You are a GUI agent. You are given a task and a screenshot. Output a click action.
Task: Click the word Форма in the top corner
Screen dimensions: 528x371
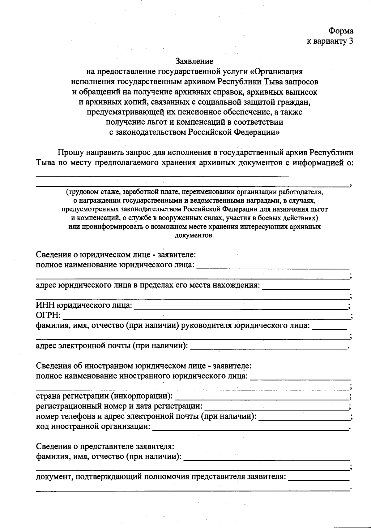coord(341,31)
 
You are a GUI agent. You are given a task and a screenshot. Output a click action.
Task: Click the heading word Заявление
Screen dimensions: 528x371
coord(194,61)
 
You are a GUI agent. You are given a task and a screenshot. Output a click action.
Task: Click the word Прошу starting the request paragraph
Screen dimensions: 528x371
coord(70,153)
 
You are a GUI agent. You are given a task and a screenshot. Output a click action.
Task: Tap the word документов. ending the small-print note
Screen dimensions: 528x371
coord(194,235)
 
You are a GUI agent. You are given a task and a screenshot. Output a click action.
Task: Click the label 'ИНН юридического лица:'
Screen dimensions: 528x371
coord(84,306)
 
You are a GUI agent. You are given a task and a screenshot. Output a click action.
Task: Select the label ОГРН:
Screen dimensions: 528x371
coord(49,316)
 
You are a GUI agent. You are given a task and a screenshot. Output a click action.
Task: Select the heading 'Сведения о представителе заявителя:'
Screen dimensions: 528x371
coord(105,447)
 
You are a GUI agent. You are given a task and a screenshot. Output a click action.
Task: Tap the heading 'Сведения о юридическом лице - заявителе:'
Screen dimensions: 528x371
coord(116,255)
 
